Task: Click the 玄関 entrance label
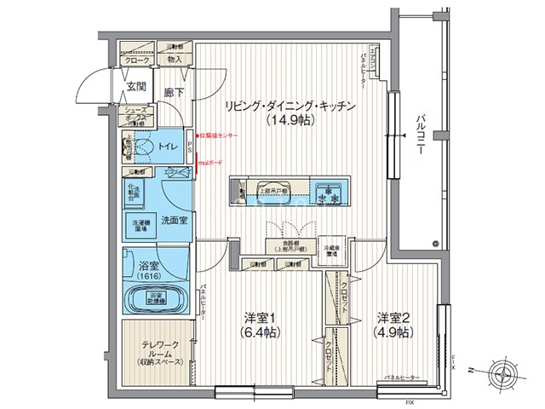point(136,86)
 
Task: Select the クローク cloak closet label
point(135,60)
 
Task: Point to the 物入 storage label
point(174,60)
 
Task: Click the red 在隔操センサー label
point(221,136)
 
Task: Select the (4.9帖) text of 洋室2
point(394,331)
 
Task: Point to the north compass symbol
point(505,372)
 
